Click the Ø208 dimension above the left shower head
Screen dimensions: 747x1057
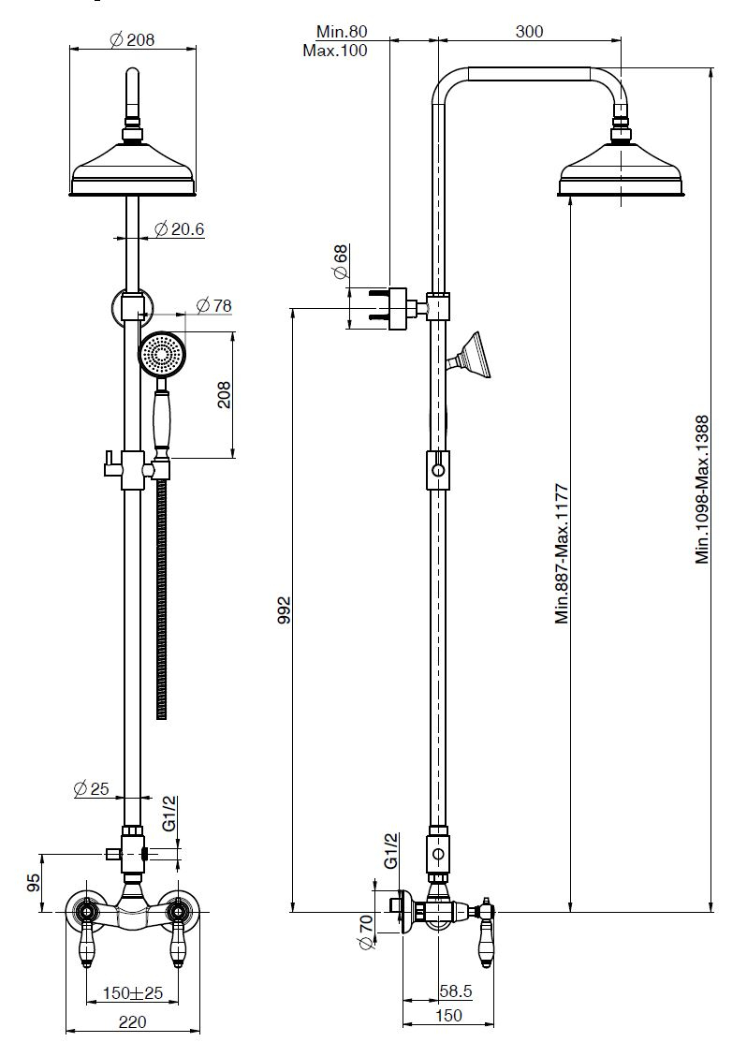pos(132,39)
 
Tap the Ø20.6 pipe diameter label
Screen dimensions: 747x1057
pos(180,229)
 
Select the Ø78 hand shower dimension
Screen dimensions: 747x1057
pos(213,305)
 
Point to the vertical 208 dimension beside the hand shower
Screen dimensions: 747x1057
pos(224,394)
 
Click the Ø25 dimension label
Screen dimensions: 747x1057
pos(91,788)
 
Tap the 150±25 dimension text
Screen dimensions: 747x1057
pos(133,993)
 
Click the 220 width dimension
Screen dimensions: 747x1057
pos(132,1022)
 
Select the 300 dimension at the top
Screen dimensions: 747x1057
pos(529,31)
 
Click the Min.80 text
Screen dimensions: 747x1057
pos(342,32)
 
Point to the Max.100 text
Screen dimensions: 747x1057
pos(335,51)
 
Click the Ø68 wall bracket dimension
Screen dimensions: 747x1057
pos(340,262)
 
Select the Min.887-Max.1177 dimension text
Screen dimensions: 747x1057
pos(563,553)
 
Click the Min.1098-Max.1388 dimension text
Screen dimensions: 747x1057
pos(703,490)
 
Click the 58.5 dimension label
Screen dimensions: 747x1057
pos(456,991)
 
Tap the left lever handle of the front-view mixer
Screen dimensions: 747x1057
pos(88,938)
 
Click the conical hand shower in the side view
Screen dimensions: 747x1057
pos(472,357)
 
